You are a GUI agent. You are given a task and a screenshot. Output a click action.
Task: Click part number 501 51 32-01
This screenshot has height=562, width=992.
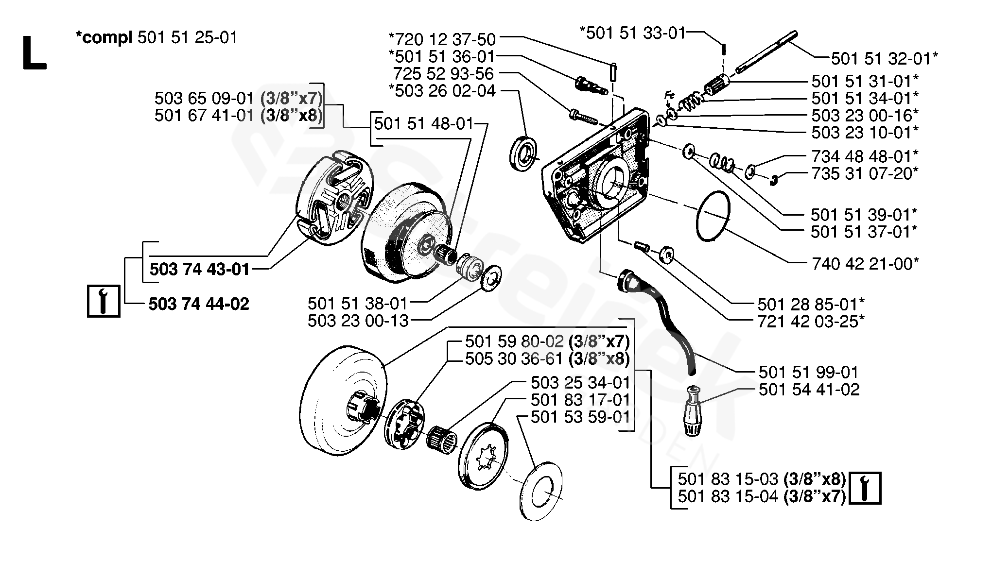pos(884,59)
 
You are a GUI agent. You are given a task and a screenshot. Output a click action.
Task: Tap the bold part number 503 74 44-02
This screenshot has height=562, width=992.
pos(199,304)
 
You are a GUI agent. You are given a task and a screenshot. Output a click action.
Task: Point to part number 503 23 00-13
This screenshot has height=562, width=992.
pos(358,321)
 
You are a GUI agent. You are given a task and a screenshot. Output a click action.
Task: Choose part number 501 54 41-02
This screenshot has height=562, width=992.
pos(809,389)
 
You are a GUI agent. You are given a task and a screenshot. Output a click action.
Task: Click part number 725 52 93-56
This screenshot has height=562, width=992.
pos(443,74)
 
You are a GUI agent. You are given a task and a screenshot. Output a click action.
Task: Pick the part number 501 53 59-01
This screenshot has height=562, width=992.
pos(580,417)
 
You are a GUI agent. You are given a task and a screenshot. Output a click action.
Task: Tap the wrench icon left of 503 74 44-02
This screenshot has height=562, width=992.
pos(104,301)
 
